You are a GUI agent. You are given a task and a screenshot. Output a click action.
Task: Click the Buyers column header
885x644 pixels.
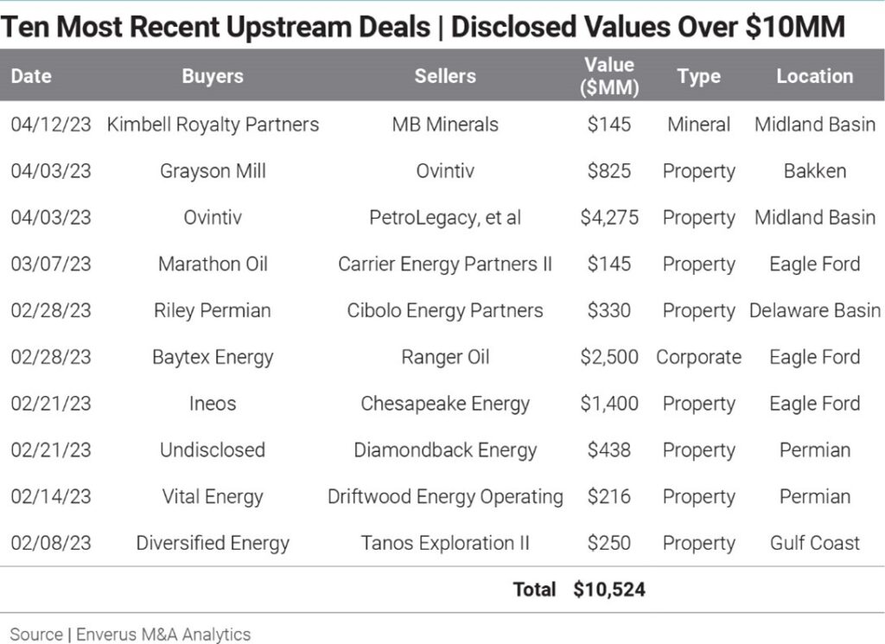point(213,76)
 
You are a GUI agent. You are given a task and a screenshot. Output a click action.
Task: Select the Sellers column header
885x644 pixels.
point(445,76)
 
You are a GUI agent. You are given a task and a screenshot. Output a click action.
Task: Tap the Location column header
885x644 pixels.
point(814,76)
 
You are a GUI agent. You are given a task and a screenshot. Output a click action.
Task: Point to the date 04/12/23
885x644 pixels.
point(50,124)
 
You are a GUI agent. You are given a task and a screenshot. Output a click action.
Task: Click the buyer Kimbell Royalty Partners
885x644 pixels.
point(213,124)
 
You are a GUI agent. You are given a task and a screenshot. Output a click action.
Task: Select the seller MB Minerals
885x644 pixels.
point(445,124)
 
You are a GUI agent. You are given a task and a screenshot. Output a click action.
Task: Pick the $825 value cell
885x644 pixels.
point(609,171)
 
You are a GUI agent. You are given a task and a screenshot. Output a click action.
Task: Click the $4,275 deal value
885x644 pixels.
point(609,218)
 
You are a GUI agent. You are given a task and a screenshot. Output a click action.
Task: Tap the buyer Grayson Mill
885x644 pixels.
point(213,171)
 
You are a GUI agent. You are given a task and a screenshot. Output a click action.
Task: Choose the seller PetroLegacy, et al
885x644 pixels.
point(445,218)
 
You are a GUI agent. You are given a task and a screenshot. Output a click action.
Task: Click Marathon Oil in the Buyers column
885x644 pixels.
point(213,265)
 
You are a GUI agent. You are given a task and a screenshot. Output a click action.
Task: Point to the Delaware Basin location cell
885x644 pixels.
point(814,311)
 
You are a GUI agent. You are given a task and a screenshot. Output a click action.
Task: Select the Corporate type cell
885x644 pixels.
point(698,358)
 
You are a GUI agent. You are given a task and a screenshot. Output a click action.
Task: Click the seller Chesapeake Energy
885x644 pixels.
point(445,404)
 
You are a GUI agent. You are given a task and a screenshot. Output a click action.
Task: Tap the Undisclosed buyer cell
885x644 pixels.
point(213,450)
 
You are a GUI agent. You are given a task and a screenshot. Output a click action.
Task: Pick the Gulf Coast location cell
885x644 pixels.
point(814,544)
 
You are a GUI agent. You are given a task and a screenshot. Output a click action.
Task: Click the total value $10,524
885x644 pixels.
point(609,590)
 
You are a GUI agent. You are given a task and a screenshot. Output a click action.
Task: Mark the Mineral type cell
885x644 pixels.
point(698,124)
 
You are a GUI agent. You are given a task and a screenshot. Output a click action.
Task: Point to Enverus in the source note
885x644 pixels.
point(111,634)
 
